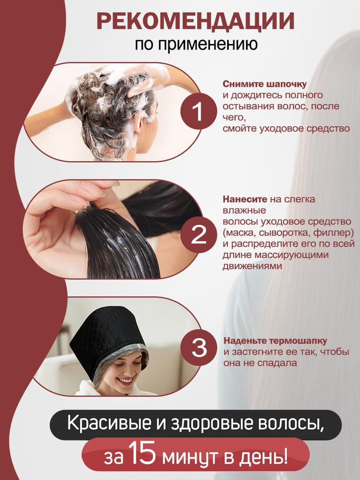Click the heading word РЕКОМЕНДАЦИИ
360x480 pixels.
pos(195,22)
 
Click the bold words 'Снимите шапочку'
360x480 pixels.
pos(258,84)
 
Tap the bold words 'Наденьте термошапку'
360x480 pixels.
pos(275,340)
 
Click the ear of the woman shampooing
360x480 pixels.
pos(139,123)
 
